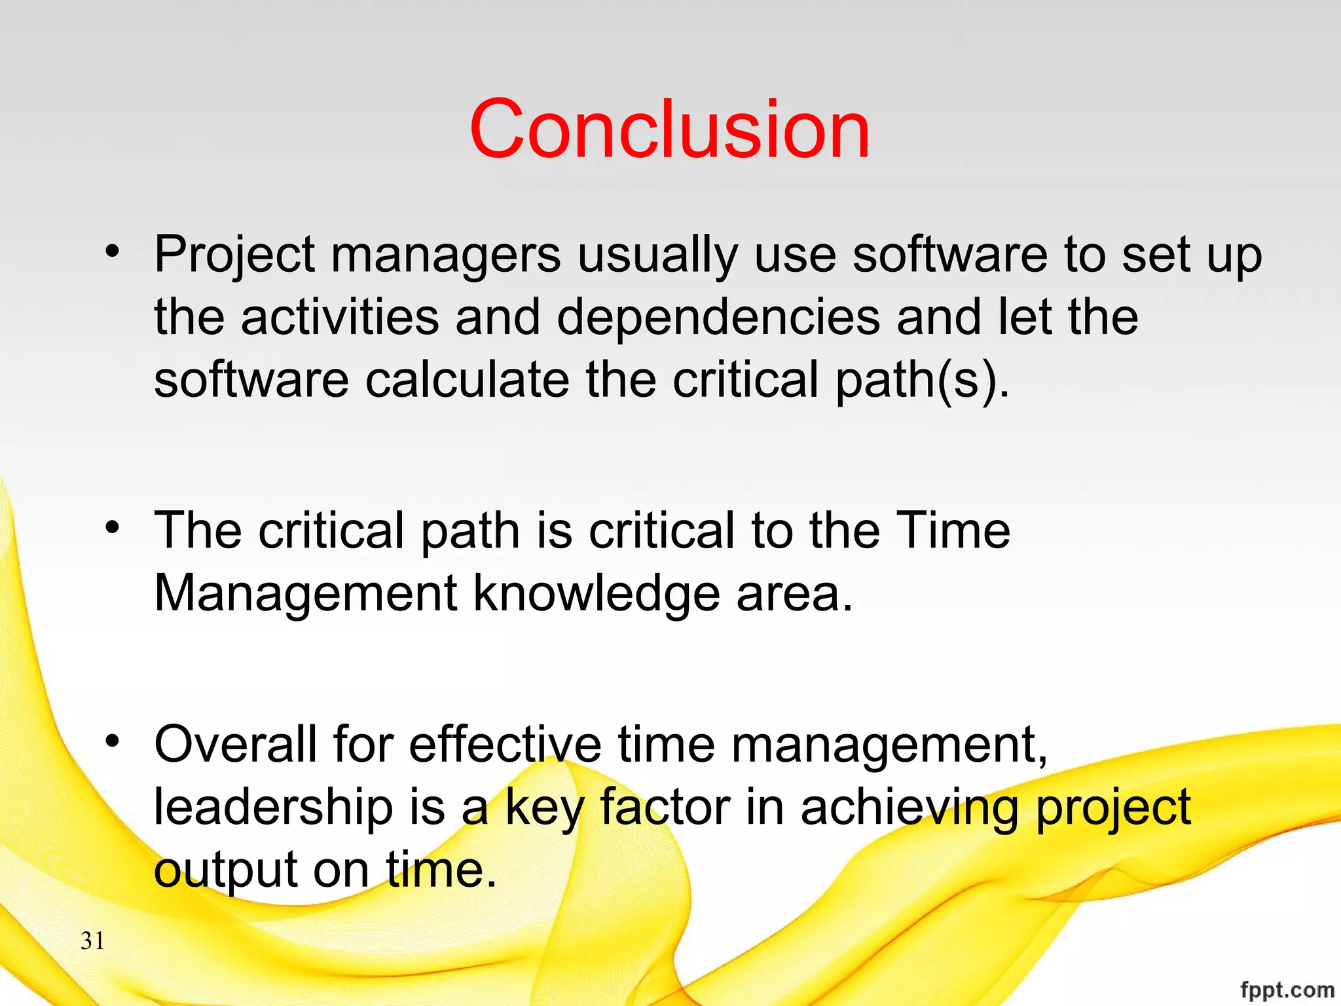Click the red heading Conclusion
click(669, 129)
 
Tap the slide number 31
click(92, 941)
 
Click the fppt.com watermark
click(1287, 989)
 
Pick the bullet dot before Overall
click(113, 740)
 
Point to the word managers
click(446, 255)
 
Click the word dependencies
click(718, 318)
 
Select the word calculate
click(467, 380)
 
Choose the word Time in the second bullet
click(953, 531)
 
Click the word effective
click(505, 745)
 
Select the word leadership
click(274, 808)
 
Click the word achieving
click(909, 808)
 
